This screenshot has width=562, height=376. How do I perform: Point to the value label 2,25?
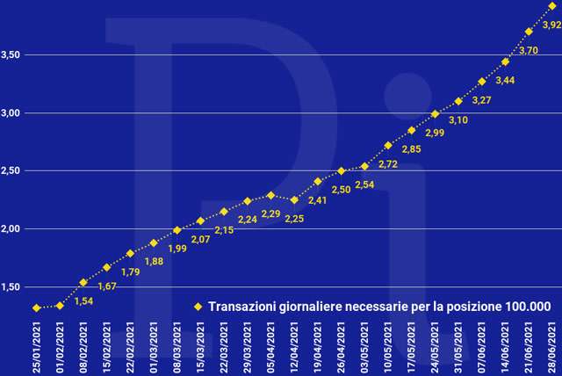294,219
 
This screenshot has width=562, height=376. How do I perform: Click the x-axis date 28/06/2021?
552,347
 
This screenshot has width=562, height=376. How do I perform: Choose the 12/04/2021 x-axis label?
294,347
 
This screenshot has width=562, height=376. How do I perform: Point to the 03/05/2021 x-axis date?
364,347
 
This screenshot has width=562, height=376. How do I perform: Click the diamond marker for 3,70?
529,32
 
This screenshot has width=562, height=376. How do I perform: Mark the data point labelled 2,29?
270,195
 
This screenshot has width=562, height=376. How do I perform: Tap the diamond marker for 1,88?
154,242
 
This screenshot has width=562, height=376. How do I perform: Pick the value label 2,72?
388,164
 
